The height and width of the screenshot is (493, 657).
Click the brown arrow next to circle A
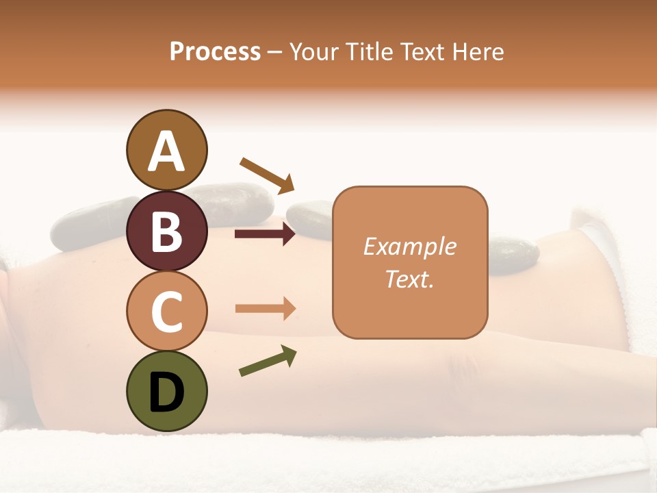267,174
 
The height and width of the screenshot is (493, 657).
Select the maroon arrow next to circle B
266,234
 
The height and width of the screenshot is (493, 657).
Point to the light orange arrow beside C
266,309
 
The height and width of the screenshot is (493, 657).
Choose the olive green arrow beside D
268,361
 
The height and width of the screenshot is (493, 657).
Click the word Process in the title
215,51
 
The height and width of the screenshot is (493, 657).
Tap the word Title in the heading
370,51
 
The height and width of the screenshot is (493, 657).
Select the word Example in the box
409,246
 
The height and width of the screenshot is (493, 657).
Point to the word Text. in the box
409,279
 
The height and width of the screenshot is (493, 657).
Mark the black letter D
166,392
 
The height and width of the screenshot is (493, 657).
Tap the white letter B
166,231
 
